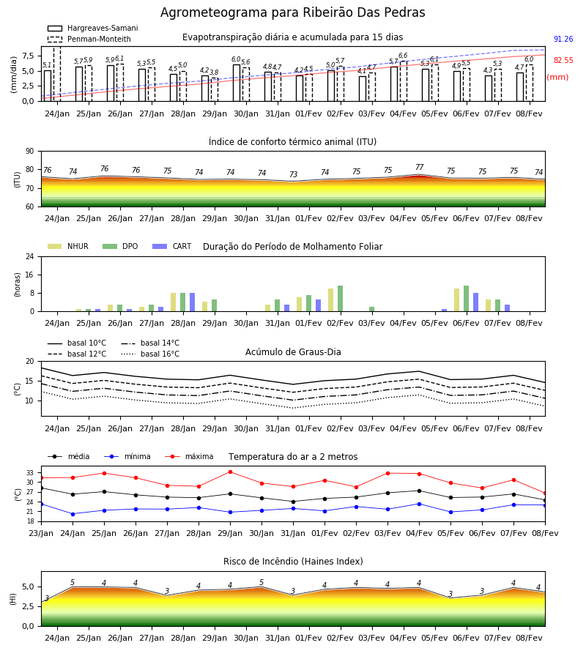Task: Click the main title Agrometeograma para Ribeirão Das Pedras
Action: click(292, 12)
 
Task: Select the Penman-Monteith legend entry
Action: click(89, 39)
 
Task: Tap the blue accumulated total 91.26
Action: click(563, 39)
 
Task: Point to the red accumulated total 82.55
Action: click(563, 60)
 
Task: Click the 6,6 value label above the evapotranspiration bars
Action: click(403, 56)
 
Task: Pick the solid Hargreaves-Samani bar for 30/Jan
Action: click(237, 83)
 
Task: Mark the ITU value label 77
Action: click(419, 167)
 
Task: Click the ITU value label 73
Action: click(293, 174)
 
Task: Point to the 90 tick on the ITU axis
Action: click(30, 152)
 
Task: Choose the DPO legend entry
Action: click(120, 246)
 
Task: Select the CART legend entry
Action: click(172, 246)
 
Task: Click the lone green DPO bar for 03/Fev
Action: click(371, 309)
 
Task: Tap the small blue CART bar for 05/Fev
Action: click(445, 310)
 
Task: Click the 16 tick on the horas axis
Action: click(30, 275)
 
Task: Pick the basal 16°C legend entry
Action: click(150, 354)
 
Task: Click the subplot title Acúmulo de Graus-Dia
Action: click(293, 351)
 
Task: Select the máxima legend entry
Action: click(189, 456)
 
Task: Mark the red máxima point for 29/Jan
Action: click(230, 472)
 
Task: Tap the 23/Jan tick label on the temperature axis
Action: click(41, 533)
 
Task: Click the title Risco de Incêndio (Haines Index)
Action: click(293, 562)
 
